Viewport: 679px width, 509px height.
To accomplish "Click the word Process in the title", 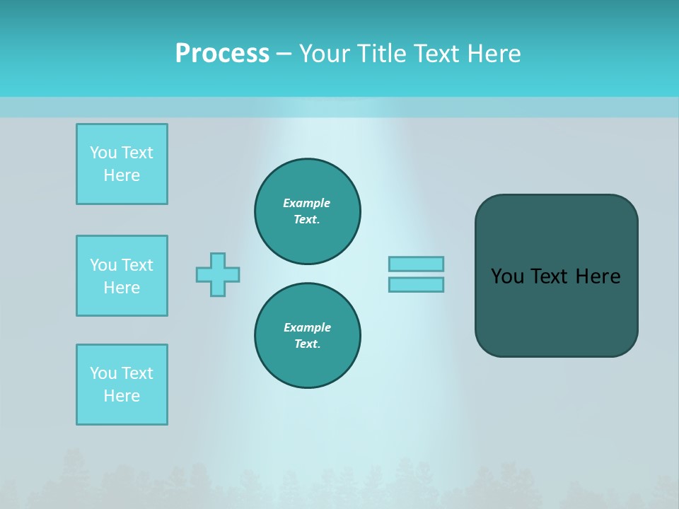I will tap(222, 54).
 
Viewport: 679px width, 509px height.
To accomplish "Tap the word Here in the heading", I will tap(495, 54).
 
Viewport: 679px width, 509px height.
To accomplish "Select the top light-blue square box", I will tap(122, 164).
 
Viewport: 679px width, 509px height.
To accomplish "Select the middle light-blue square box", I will tap(122, 276).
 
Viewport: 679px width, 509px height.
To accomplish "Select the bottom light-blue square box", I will tap(122, 385).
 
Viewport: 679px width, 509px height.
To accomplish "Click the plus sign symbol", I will tap(218, 274).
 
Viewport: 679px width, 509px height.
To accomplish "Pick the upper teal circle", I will tap(308, 211).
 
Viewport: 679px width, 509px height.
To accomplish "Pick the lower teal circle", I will tap(308, 336).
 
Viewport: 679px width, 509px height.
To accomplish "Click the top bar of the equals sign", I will tap(416, 264).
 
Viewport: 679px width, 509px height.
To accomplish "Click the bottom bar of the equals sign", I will tap(416, 284).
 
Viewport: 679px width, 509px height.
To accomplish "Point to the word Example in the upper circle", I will tap(307, 203).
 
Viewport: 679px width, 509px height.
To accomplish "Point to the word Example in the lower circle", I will tap(307, 327).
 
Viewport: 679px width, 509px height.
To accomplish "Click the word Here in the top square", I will tap(122, 175).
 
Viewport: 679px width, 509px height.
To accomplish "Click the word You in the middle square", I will tap(103, 265).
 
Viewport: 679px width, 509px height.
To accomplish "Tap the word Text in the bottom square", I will tap(137, 373).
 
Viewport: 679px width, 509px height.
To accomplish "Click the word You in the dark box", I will tap(507, 276).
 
